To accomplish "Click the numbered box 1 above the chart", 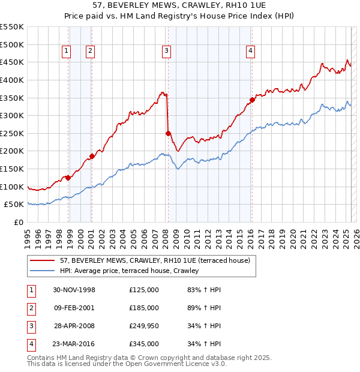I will point(65,51).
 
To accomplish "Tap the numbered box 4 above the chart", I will point(249,51).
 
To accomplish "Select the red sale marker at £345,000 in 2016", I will point(252,100).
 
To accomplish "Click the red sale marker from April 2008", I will point(168,133).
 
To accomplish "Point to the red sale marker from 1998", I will point(68,178).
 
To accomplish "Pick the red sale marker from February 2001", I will point(92,156).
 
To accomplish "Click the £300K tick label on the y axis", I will point(11,115).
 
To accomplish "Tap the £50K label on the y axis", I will point(14,205).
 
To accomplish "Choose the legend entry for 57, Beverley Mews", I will point(142,260).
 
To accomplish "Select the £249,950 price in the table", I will point(143,326).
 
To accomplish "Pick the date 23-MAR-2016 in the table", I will point(74,344).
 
